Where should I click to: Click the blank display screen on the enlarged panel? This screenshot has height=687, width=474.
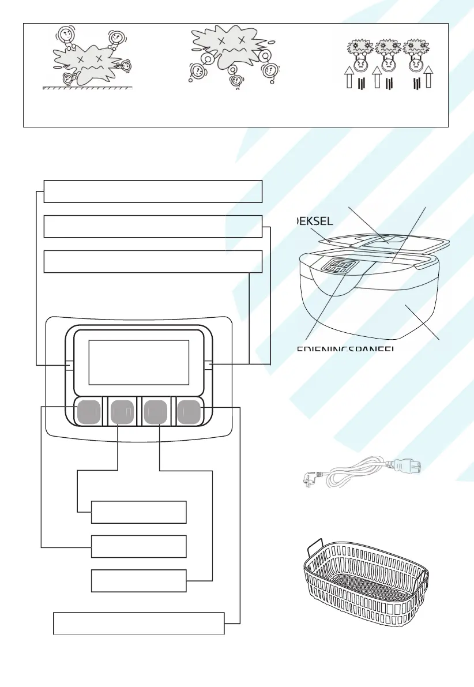[139, 363]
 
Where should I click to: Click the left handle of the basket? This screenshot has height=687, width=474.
[314, 545]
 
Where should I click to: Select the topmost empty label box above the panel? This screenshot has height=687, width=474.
[153, 191]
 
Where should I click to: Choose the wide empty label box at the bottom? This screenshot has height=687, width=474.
[138, 623]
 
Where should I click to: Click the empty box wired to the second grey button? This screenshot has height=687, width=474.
[139, 512]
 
